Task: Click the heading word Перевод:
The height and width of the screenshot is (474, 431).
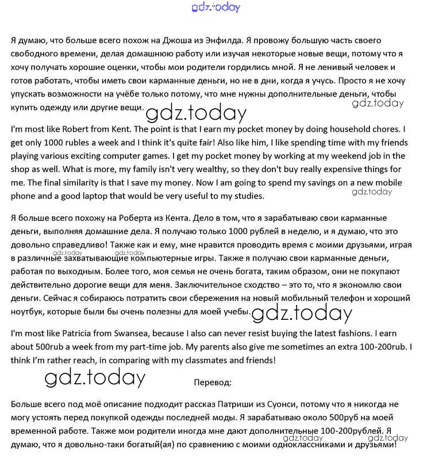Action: click(x=213, y=382)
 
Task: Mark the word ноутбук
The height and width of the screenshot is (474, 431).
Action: click(x=27, y=312)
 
